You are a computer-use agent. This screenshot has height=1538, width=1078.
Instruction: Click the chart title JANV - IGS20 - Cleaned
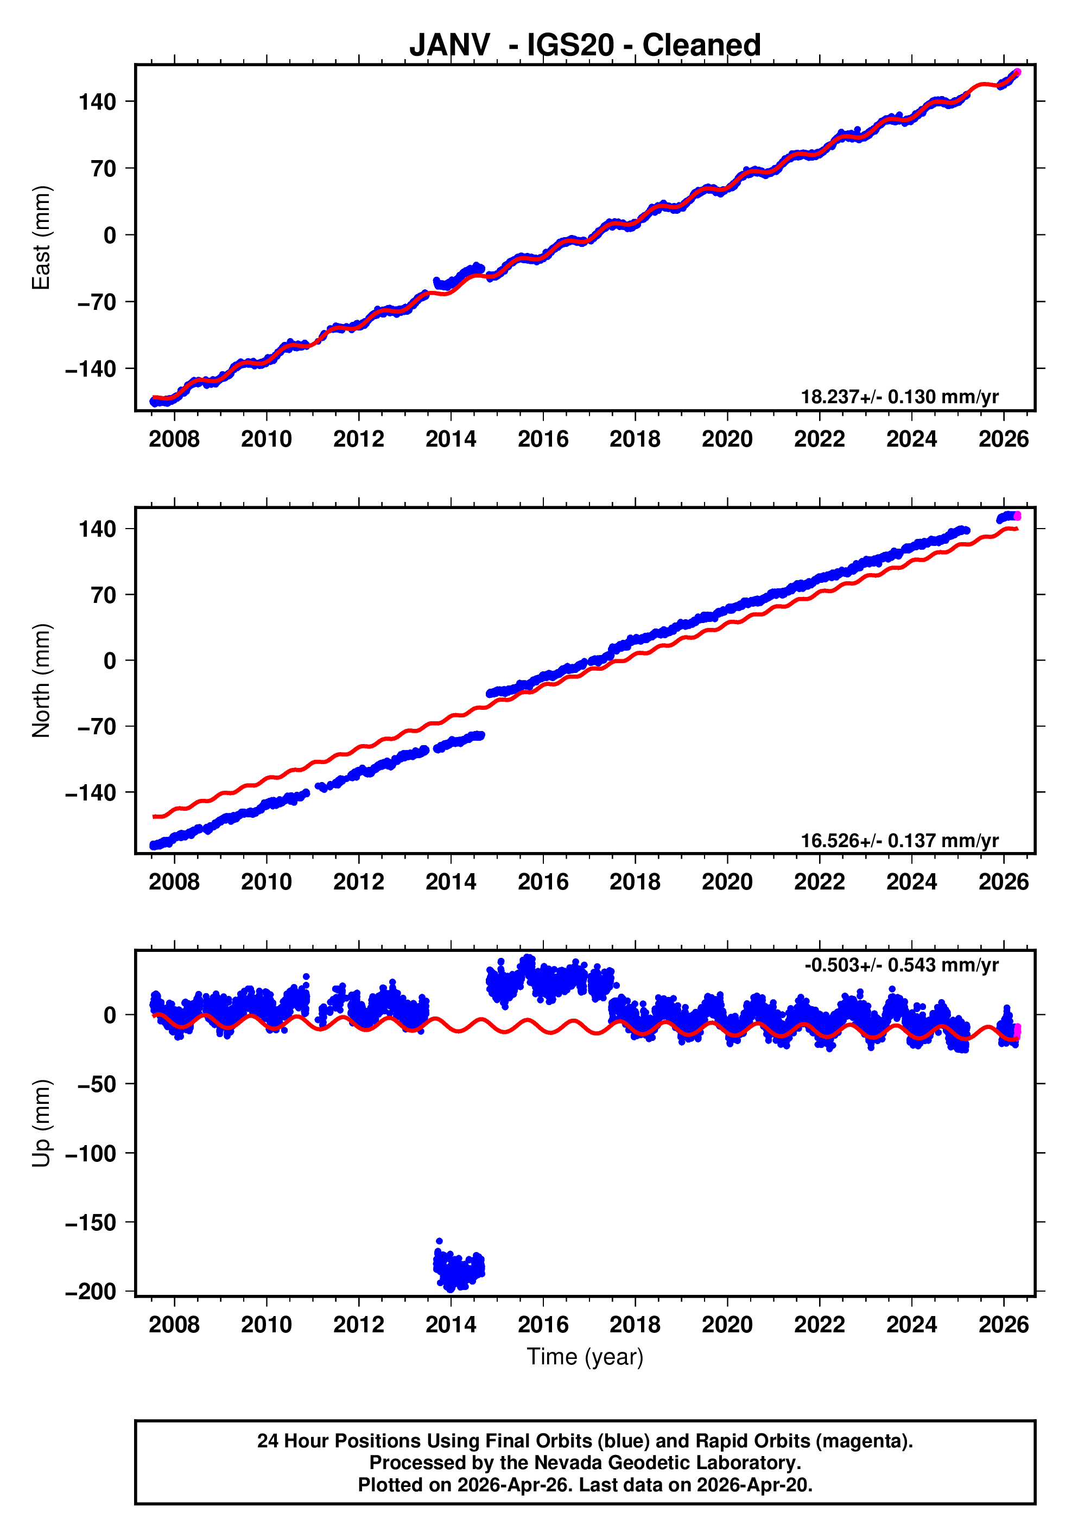coord(585,46)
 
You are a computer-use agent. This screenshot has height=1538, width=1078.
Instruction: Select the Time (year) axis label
coord(585,1356)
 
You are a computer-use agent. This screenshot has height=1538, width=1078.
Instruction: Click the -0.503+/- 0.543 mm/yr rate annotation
coord(901,965)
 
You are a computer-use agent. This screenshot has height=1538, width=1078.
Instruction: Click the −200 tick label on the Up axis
coord(91,1291)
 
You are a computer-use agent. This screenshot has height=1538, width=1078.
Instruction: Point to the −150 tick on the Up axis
coord(91,1223)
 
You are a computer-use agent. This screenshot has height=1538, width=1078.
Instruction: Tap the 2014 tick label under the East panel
coord(451,440)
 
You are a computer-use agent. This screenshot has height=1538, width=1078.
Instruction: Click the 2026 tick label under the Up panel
coord(1003,1324)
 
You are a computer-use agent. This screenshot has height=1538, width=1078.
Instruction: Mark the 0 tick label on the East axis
coord(110,235)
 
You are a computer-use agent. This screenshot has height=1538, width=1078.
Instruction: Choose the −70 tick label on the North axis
coord(97,727)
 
